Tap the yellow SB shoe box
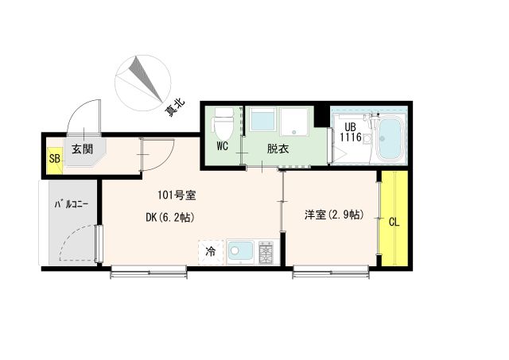point(54,157)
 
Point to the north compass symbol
point(142,79)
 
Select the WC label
point(223,146)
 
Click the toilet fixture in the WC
point(223,123)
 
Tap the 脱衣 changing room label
point(278,148)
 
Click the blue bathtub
point(390,140)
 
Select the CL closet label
point(393,221)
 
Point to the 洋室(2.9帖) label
point(333,215)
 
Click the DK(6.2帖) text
point(170,217)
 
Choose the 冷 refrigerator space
point(211,252)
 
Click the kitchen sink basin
point(239,252)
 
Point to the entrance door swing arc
point(82,117)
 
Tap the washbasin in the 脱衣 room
point(262,120)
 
